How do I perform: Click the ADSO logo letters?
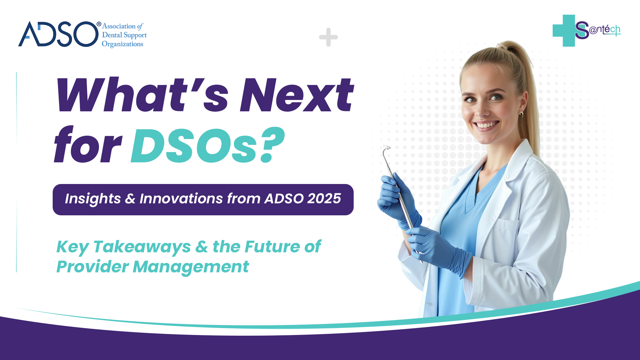58,34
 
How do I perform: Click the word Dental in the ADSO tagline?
112,35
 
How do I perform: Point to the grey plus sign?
328,37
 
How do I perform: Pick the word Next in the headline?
297,95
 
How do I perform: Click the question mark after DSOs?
272,145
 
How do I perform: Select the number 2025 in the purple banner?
324,199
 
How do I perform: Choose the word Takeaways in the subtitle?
142,247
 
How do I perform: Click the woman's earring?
521,114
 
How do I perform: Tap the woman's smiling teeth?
486,125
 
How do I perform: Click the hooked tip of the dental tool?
386,148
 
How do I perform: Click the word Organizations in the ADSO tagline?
122,44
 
